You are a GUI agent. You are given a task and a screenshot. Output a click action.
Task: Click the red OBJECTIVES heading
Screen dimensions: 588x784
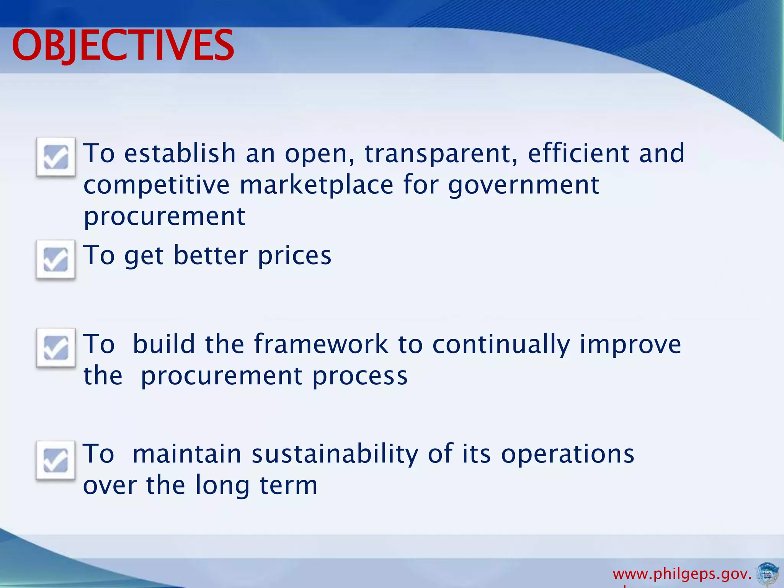pos(122,46)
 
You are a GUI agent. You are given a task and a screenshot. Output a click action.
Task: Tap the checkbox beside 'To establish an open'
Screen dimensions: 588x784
pos(56,157)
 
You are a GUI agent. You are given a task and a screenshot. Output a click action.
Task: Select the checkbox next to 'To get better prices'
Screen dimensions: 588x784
pos(56,259)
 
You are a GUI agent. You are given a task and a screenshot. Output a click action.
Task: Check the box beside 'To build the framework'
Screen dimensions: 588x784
pos(56,348)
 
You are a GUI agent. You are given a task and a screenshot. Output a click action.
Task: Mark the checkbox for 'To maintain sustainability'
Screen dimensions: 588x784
pos(56,460)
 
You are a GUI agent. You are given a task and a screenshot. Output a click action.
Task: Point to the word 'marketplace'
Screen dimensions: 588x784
pos(316,185)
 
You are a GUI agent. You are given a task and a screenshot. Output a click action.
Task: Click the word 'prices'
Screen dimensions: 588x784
pos(294,256)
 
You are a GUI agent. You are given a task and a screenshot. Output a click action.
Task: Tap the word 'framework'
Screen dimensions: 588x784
pos(321,344)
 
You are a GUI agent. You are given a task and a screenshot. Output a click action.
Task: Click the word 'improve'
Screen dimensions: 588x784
pos(630,345)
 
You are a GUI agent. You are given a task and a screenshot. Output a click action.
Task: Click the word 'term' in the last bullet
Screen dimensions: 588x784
pos(289,485)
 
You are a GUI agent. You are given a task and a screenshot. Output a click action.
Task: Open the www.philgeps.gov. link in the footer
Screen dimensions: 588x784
pos(682,574)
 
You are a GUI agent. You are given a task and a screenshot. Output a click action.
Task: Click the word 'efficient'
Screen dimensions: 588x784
pos(578,153)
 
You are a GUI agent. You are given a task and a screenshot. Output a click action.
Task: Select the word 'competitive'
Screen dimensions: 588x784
pos(157,185)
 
